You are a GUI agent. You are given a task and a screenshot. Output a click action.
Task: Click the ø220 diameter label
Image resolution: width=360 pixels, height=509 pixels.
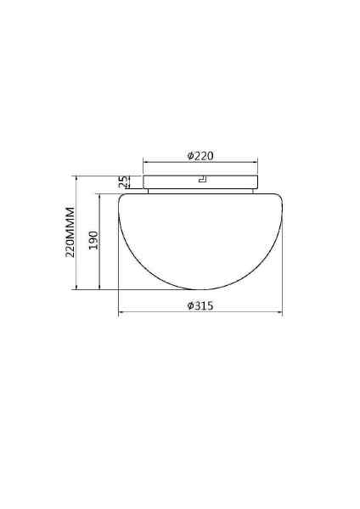point(200,156)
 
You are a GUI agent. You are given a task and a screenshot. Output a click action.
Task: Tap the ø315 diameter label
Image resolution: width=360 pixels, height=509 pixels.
point(200,305)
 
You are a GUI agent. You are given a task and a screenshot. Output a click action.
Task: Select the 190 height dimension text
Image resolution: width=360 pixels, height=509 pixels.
point(93,240)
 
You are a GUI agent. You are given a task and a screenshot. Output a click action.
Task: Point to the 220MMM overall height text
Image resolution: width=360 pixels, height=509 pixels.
point(70,232)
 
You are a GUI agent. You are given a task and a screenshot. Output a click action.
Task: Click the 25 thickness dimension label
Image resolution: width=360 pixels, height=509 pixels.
point(123,182)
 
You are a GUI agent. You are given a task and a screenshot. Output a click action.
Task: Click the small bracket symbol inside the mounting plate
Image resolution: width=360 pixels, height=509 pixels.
point(203,180)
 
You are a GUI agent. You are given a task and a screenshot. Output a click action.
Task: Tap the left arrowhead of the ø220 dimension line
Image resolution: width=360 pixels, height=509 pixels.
point(145,161)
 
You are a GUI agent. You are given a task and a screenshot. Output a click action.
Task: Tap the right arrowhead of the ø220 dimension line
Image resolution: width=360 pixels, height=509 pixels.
point(256,161)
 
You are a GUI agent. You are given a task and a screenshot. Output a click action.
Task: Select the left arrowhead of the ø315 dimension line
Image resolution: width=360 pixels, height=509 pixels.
point(121,312)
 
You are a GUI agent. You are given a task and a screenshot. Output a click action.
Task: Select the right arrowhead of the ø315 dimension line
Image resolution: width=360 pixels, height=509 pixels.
point(280,312)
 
